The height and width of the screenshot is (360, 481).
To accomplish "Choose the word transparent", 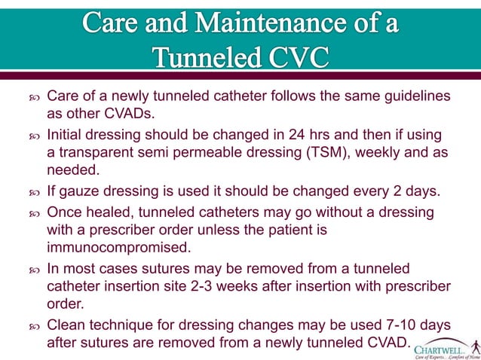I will [90, 154].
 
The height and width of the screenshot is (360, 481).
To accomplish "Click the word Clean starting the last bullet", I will [66, 325].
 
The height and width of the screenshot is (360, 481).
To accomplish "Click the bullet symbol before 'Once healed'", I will [33, 212].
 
